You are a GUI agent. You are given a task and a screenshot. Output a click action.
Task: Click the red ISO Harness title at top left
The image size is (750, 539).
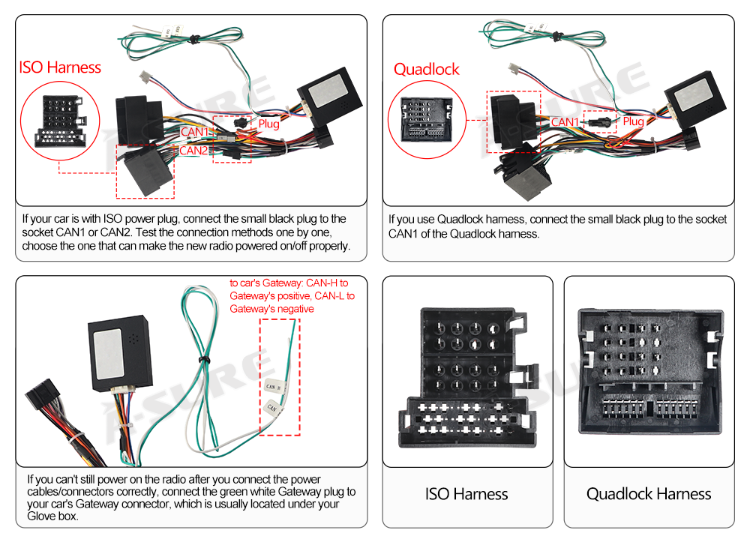[x=60, y=67]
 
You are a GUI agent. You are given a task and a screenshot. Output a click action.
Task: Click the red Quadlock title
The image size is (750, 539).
[x=426, y=70]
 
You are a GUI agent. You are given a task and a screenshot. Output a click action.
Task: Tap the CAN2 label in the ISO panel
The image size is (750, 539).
[x=193, y=151]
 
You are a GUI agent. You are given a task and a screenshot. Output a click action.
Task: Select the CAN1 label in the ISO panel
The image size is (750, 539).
[x=194, y=132]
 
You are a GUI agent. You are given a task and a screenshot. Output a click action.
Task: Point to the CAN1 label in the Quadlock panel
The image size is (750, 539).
[x=565, y=122]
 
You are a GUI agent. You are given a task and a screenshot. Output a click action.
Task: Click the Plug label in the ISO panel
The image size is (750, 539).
[x=269, y=124]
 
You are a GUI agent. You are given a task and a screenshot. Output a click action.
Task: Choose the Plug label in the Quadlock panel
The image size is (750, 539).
[x=633, y=121]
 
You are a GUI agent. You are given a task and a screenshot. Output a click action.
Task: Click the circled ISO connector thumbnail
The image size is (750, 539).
[x=60, y=121]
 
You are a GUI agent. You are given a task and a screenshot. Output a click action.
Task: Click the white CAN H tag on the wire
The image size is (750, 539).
[x=274, y=387]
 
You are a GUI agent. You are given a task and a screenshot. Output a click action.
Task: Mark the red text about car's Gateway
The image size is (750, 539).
[x=292, y=295]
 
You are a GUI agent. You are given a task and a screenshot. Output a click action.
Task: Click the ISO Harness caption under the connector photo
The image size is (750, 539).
[x=466, y=494]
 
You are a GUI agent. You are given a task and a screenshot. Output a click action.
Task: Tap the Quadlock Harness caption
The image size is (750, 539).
[x=649, y=494]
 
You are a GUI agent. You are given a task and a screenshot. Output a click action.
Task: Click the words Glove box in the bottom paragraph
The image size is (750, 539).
[x=52, y=517]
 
